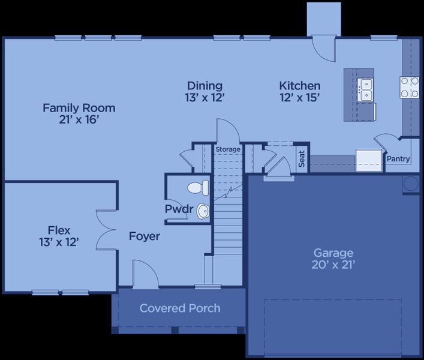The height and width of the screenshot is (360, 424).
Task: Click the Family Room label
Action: point(79,108)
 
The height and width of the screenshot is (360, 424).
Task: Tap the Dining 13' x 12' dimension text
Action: point(205,98)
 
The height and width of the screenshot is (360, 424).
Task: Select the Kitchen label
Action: point(299,86)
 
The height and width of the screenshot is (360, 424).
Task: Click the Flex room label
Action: point(59,230)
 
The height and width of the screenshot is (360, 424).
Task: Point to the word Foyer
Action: point(145,236)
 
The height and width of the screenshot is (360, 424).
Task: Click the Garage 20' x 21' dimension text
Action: point(333,265)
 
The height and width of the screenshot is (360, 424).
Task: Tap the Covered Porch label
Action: point(180,308)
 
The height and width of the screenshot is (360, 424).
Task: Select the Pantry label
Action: point(398,159)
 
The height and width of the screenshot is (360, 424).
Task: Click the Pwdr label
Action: point(179,209)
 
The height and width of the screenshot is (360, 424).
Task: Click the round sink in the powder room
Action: point(203,211)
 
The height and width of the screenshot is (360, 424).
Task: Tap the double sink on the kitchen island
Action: point(365,89)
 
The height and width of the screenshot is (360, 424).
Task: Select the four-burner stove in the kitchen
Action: point(410,88)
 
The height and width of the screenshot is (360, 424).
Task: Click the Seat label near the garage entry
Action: point(302,159)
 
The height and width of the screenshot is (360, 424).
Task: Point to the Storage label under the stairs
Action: point(227,149)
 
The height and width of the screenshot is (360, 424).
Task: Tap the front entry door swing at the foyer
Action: point(145,272)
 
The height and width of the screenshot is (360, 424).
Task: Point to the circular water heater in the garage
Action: point(411,183)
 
